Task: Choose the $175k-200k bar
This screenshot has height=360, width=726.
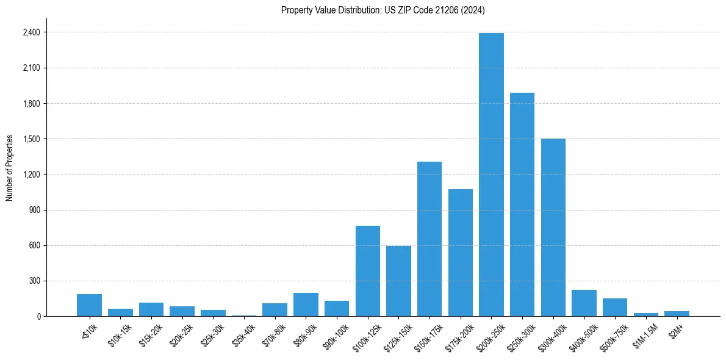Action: click(460, 253)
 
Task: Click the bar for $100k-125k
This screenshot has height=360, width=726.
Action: click(368, 271)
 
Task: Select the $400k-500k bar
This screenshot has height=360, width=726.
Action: click(584, 303)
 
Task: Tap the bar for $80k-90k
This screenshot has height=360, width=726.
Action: click(306, 304)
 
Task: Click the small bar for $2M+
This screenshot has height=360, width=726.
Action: click(677, 314)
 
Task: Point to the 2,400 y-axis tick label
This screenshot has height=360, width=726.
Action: click(31, 32)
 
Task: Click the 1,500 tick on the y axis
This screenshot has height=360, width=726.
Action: click(31, 139)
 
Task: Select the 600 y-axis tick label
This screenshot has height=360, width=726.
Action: click(34, 246)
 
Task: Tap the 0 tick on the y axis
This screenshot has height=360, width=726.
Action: click(38, 317)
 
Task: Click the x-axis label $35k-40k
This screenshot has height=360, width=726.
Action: click(244, 333)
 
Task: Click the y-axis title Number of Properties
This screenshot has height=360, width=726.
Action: click(10, 167)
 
